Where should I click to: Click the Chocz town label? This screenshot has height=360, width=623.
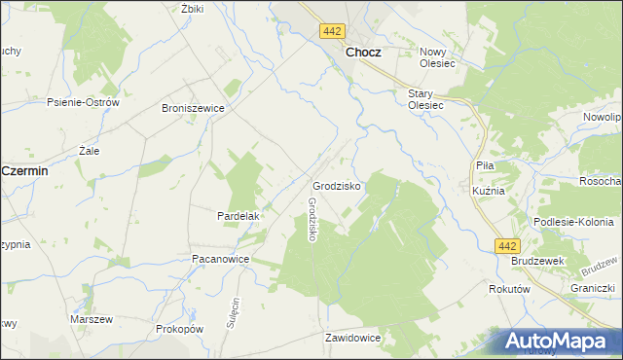click(362, 54)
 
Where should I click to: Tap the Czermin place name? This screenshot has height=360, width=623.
click(25, 169)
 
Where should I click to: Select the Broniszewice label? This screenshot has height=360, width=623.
click(193, 109)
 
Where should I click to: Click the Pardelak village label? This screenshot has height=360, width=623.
click(236, 215)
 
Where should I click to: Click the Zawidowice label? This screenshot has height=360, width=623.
click(352, 338)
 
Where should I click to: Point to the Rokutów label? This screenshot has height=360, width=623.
click(509, 289)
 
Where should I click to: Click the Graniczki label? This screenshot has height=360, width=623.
click(593, 288)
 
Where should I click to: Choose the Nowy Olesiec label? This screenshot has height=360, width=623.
click(437, 57)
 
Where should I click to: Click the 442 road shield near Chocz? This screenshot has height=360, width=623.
click(329, 32)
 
